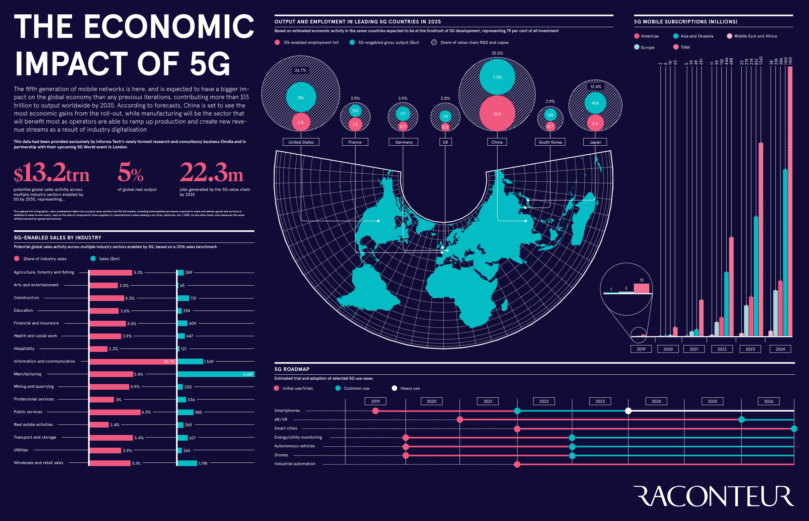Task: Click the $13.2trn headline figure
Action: [52, 172]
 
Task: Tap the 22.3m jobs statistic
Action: [211, 172]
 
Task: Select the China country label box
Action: [497, 142]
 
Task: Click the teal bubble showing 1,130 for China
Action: [497, 77]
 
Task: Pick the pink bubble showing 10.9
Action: [497, 114]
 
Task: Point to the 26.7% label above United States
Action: [300, 70]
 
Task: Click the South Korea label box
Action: [550, 142]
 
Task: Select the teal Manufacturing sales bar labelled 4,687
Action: [216, 374]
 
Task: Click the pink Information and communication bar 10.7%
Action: [132, 362]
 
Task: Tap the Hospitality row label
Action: [24, 349]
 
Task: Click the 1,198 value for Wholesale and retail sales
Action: [203, 463]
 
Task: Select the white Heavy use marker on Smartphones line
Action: [628, 411]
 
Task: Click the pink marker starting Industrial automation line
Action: [517, 464]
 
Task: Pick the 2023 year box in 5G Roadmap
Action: [600, 401]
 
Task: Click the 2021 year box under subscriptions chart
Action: [693, 349]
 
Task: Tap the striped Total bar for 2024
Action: [790, 203]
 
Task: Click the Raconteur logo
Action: [713, 496]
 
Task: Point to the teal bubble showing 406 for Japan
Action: [595, 103]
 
